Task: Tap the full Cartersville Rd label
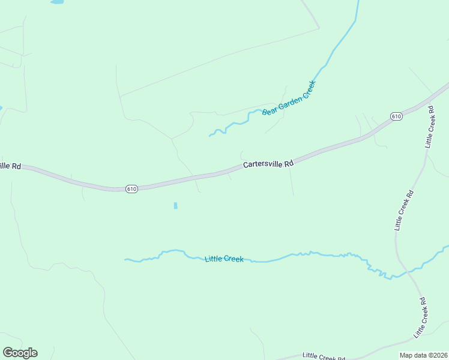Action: [x=268, y=164]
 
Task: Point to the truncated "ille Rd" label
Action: [x=10, y=166]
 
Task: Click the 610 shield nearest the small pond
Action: [x=132, y=189]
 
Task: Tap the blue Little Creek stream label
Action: [x=224, y=259]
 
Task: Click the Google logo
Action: [x=20, y=353]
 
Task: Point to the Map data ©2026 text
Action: [x=424, y=355]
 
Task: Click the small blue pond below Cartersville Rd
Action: [x=175, y=206]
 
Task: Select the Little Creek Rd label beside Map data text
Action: [x=324, y=356]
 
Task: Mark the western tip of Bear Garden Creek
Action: [x=209, y=136]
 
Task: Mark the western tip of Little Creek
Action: [x=125, y=260]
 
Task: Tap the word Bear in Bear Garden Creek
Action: [x=269, y=110]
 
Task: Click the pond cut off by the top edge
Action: [x=57, y=2]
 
